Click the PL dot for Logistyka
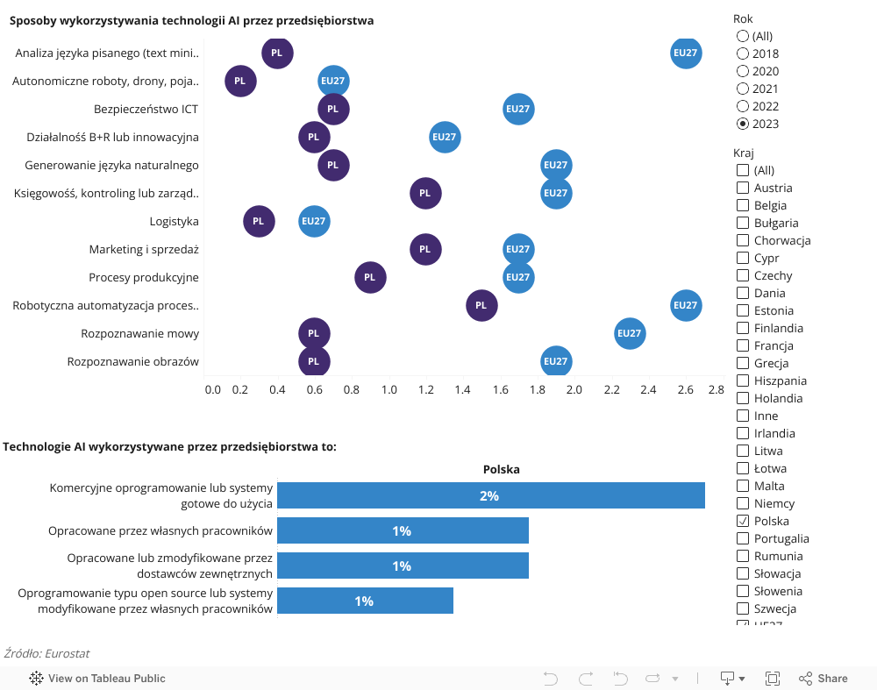coord(258,222)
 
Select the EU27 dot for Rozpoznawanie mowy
coord(630,334)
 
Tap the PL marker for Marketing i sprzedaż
coord(425,250)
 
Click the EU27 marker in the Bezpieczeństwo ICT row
coord(518,110)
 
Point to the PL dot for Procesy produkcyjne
coord(369,278)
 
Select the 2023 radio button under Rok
coord(743,124)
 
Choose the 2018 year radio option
coord(743,53)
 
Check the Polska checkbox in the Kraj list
coord(743,521)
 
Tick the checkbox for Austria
coord(743,188)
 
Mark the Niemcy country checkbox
coord(743,503)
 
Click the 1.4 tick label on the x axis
coord(462,389)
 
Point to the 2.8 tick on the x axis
coord(717,389)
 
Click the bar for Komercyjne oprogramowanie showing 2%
coord(491,495)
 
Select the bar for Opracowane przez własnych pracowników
coord(403,530)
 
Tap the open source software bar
coord(365,601)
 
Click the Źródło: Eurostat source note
coord(47,653)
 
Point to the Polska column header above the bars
coord(502,469)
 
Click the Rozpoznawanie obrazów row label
coord(132,362)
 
